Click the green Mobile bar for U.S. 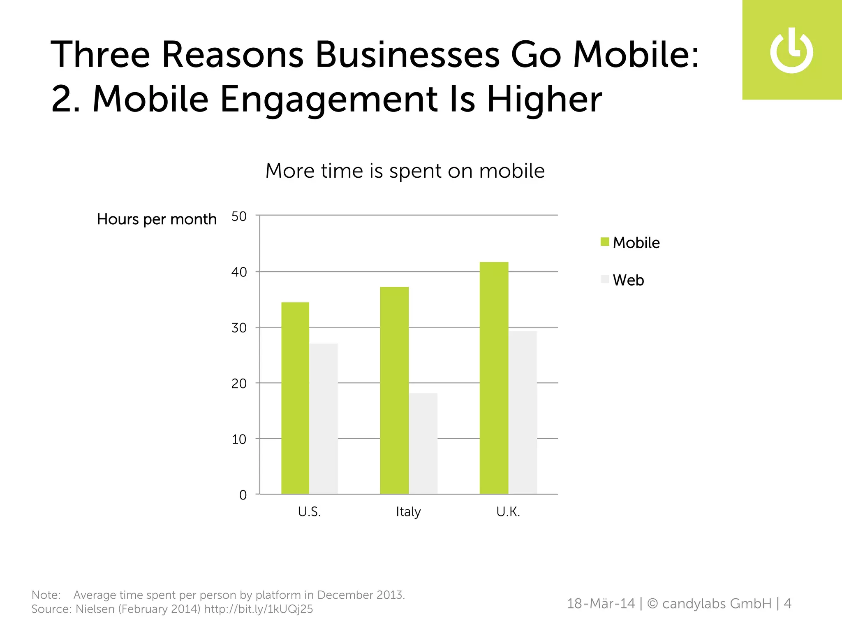tap(295, 398)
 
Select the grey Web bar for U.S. tap(324, 418)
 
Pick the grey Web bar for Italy tap(423, 444)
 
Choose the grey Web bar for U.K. tap(523, 412)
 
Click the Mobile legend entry tap(630, 242)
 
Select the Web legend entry tap(622, 280)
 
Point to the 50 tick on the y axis tap(239, 216)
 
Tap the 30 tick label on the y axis tap(239, 328)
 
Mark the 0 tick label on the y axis tap(243, 495)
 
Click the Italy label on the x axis tap(408, 512)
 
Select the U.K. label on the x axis tap(508, 512)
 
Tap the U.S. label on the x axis tap(309, 512)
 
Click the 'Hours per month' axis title tap(157, 219)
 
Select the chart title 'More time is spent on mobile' tap(405, 171)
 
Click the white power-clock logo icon tap(791, 51)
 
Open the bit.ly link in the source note tap(258, 609)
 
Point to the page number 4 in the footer tap(787, 604)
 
